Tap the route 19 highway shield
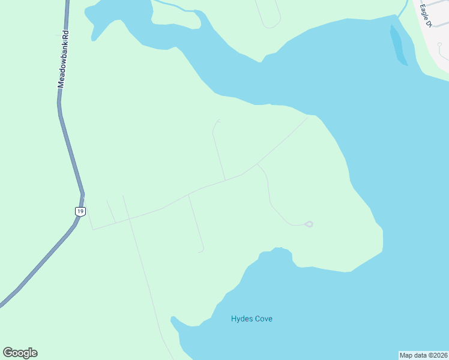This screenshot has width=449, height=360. (80, 211)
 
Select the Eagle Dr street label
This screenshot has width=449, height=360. (426, 16)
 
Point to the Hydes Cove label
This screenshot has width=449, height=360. (252, 319)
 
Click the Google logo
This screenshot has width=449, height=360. (20, 353)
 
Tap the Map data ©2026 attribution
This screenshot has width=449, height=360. (423, 355)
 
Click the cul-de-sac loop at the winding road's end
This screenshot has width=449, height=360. (309, 224)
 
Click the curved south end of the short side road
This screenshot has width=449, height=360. (202, 251)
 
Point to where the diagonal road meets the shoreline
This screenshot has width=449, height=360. (308, 117)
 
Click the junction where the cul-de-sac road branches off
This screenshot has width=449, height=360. (258, 164)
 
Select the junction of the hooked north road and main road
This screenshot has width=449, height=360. (225, 180)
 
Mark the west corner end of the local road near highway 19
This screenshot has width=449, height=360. (92, 229)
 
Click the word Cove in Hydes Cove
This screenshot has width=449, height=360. (262, 319)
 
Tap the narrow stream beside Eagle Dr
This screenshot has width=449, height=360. (402, 8)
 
